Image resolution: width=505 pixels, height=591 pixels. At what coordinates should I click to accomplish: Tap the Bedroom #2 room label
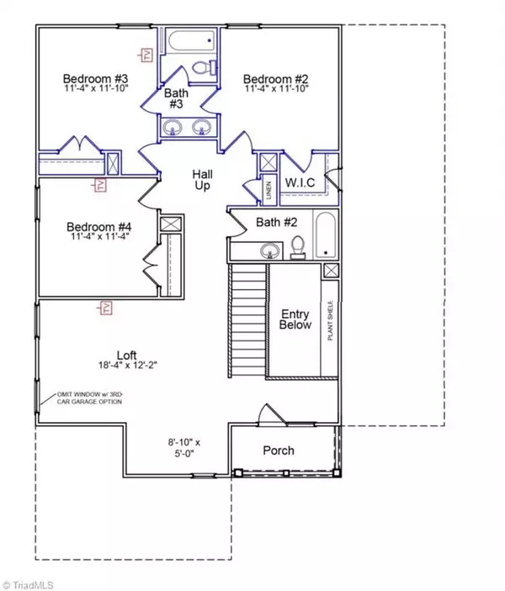(x=273, y=73)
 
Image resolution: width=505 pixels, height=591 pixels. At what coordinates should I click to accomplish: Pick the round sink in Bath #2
(x=269, y=250)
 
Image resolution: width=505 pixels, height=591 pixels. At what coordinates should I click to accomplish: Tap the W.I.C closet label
(x=300, y=182)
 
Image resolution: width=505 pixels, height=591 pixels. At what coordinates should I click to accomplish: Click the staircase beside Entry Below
(x=247, y=319)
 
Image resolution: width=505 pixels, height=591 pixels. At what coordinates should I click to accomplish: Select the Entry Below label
(x=295, y=319)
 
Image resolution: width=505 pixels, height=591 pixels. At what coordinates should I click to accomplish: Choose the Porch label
(x=279, y=451)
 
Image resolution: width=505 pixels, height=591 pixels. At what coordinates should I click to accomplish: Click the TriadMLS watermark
(x=34, y=582)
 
